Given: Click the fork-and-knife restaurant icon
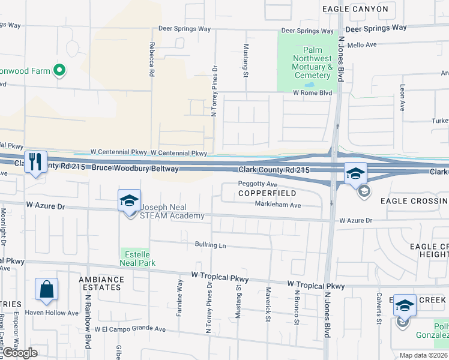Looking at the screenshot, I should point(35,162).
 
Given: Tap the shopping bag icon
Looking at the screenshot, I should point(46,289).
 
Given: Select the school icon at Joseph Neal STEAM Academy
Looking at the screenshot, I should point(129,201).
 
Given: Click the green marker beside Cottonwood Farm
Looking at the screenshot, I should point(59,71).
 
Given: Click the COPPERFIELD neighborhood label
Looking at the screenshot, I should point(267,194).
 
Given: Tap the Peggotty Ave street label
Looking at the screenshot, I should point(258,184).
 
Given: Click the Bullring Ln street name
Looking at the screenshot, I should point(210,245).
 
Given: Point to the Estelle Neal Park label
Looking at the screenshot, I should point(138,258).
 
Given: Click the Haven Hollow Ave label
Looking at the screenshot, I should point(56,313).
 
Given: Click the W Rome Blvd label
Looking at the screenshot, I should point(312,93).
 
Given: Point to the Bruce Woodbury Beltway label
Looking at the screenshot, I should point(135,169).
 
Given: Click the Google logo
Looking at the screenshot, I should point(19,353).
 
